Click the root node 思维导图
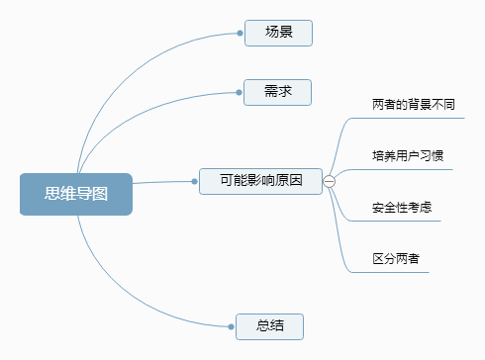[75, 194]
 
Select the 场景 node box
[278, 33]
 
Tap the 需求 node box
[278, 92]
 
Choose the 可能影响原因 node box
[260, 180]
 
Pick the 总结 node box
[269, 325]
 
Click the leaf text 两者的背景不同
[413, 104]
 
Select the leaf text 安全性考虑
[401, 208]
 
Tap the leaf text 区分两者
[395, 259]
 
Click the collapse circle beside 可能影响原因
[329, 181]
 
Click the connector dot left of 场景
[240, 33]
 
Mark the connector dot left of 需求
[240, 92]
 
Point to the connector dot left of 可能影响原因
[195, 181]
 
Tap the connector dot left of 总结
[232, 325]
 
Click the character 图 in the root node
[100, 194]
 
